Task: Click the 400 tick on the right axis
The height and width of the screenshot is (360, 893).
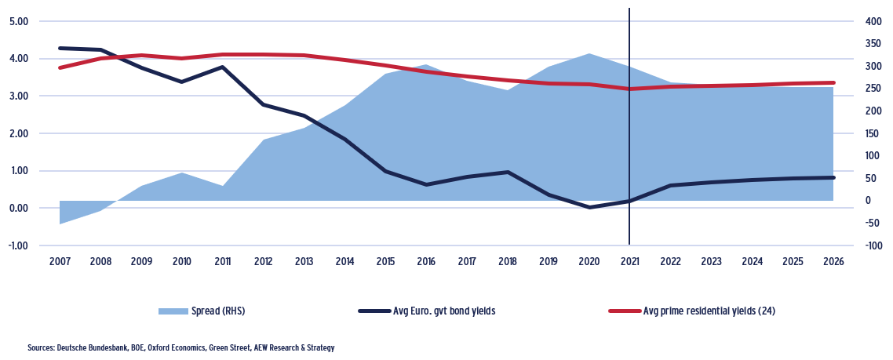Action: pyautogui.click(x=872, y=21)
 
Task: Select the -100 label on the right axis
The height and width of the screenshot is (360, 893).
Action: pyautogui.click(x=871, y=245)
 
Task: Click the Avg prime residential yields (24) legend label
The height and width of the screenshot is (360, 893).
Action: pyautogui.click(x=709, y=311)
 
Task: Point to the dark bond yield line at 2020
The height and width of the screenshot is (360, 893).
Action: pyautogui.click(x=589, y=207)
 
